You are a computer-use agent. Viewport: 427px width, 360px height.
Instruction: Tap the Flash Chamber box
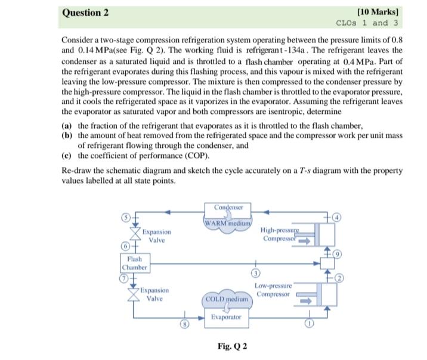tap(134, 263)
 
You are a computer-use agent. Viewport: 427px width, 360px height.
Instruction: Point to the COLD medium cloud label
tap(227, 298)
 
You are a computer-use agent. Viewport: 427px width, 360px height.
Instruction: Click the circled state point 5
tap(126, 217)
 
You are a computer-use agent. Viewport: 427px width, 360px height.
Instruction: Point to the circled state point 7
tap(126, 278)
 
